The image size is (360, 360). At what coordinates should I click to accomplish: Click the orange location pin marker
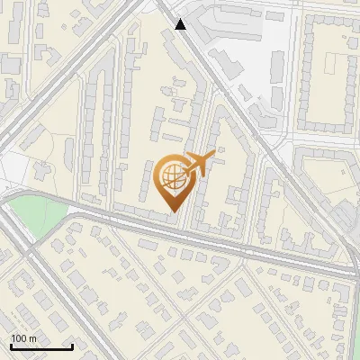click(x=174, y=181)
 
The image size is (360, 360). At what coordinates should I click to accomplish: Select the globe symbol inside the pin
click(x=173, y=177)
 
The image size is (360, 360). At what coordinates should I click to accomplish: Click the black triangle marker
click(x=181, y=24)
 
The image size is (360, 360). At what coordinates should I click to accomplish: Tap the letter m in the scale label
click(x=33, y=338)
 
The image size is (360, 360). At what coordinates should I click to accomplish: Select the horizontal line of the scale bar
click(x=41, y=346)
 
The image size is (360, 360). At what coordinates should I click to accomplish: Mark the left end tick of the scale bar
click(x=11, y=345)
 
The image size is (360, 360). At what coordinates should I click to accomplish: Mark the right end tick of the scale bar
click(x=72, y=345)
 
